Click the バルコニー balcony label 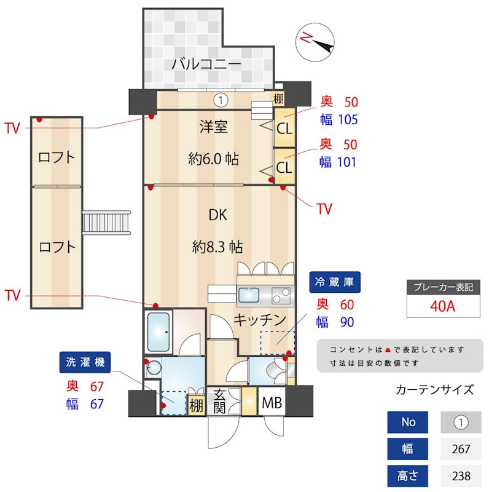(205, 64)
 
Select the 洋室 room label (213, 127)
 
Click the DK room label (217, 215)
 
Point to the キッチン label (260, 320)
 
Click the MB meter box (272, 403)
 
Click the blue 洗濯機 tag (85, 362)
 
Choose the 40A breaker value (442, 306)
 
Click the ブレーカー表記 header (442, 287)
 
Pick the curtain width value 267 (461, 449)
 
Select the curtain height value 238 (461, 476)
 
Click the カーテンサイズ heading (434, 390)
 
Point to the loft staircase (108, 222)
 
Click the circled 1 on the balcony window (221, 99)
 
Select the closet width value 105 (345, 119)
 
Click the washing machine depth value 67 (96, 386)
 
